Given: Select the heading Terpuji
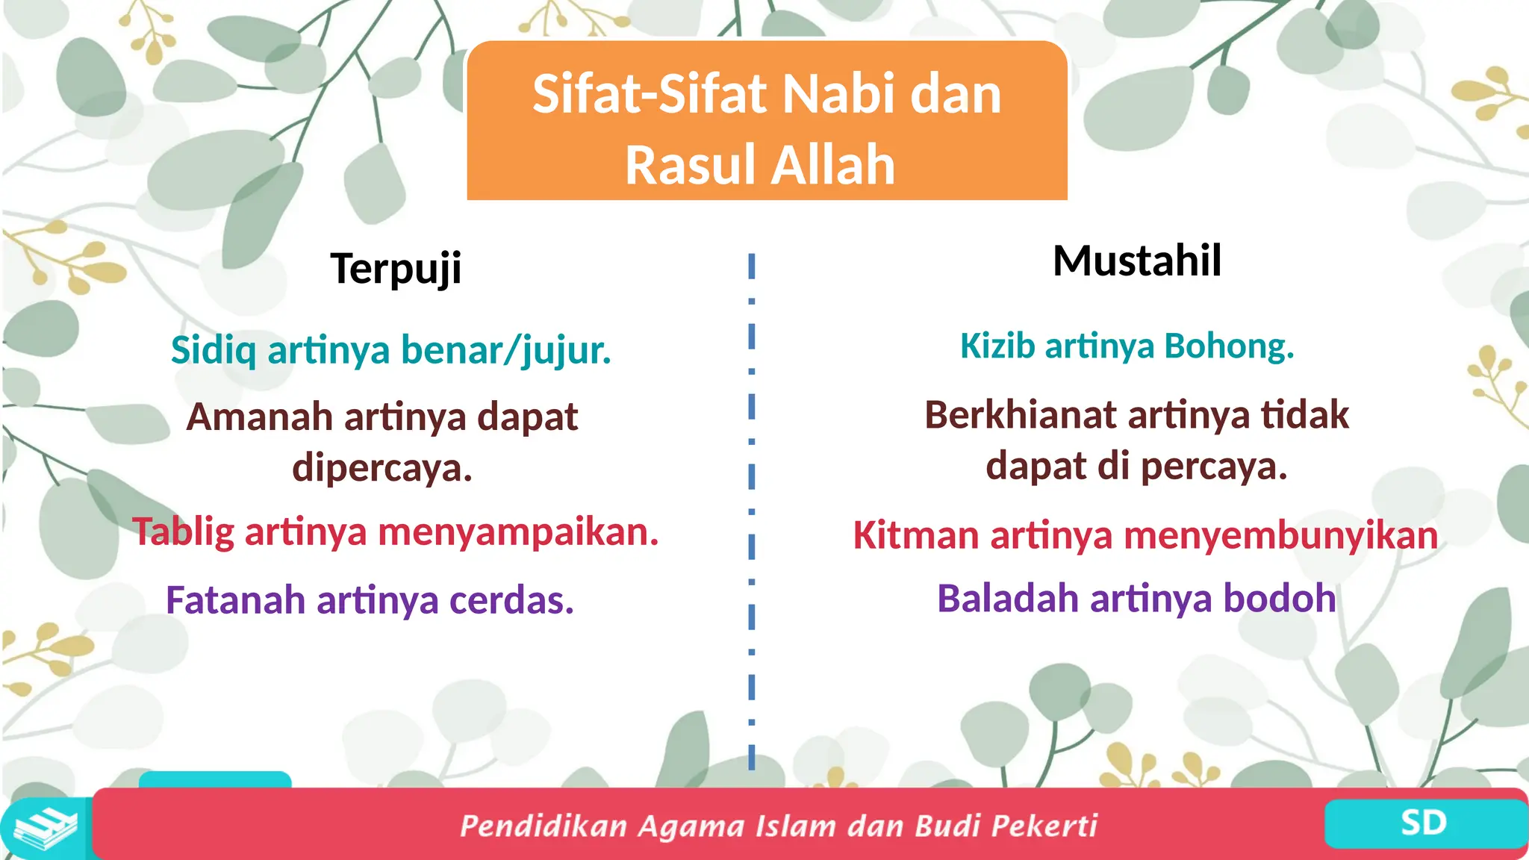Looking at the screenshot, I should pos(396,269).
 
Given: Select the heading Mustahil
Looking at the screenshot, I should pos(1136,261).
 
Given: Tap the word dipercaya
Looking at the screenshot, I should pos(382,468).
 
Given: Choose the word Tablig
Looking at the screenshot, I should pos(184,532).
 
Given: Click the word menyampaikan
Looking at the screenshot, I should pos(518,532).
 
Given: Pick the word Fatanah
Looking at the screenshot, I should pos(235,600).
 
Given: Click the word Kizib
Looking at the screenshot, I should pos(997,346).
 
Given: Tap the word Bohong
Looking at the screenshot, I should pos(1229,346).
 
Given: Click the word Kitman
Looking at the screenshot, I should pos(916,535).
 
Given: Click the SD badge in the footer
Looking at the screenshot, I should pos(1424,823).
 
